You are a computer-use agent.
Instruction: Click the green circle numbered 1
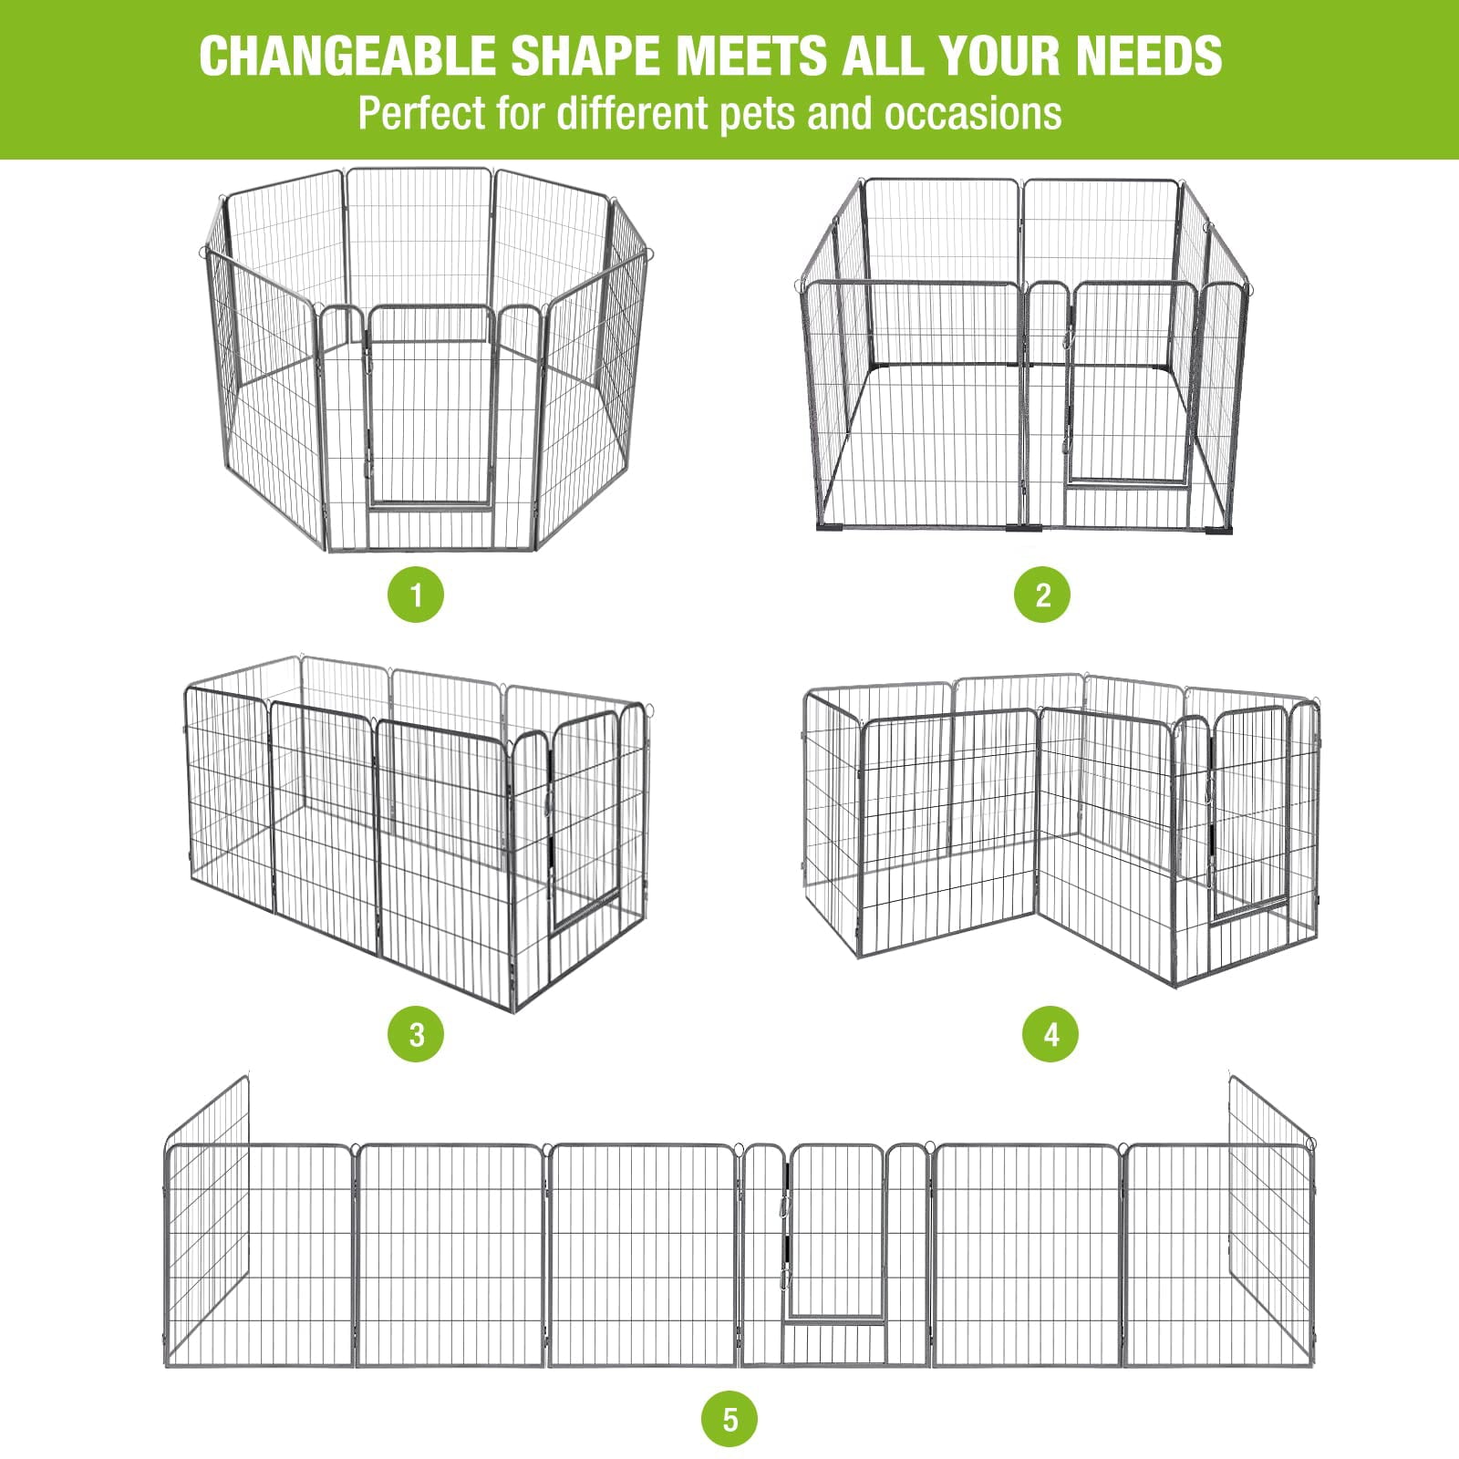416,595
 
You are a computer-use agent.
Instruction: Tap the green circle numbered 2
1042,595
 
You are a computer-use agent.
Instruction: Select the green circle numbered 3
416,1034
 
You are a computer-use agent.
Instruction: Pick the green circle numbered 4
1050,1034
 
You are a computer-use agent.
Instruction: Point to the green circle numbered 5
729,1420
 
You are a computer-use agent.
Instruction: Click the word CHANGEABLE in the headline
347,56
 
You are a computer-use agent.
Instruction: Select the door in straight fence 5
837,1231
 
